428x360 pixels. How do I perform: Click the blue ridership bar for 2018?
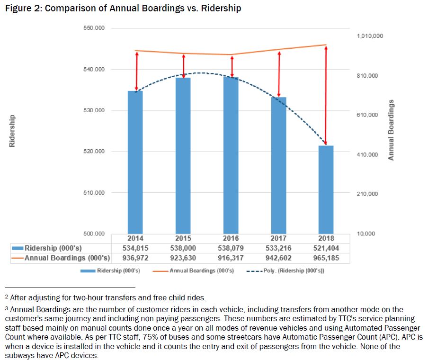(x=326, y=189)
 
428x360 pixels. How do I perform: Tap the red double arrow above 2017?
(x=279, y=74)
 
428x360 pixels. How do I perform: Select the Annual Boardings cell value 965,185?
(x=326, y=258)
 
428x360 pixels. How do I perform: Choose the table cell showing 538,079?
(x=231, y=248)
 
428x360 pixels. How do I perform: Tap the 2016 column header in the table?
(x=231, y=238)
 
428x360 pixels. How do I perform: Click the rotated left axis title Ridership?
(x=13, y=131)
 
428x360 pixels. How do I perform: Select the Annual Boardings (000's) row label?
(x=67, y=258)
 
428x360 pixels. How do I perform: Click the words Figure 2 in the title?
(x=23, y=9)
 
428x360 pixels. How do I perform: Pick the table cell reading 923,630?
(x=183, y=258)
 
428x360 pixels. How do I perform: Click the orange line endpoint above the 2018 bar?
(x=326, y=45)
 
